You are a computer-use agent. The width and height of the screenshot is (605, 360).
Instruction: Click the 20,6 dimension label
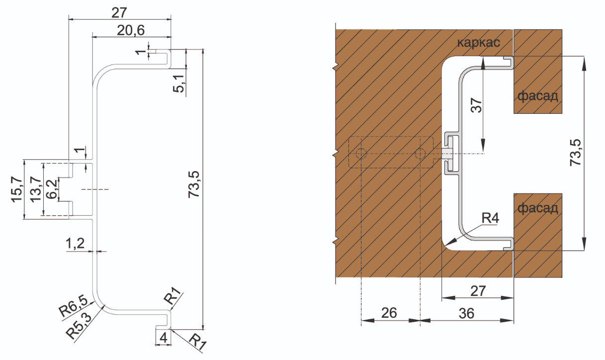click(131, 31)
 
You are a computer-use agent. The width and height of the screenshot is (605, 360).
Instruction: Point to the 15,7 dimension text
click(16, 189)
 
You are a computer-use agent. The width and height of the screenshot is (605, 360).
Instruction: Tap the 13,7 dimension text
click(35, 189)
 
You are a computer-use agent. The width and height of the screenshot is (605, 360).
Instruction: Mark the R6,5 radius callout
click(73, 306)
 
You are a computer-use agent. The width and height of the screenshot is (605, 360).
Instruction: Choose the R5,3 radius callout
click(80, 325)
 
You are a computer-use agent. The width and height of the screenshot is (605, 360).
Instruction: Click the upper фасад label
click(537, 95)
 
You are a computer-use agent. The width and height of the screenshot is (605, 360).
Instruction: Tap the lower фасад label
click(537, 208)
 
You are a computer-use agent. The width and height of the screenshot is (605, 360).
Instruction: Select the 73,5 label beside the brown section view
click(576, 152)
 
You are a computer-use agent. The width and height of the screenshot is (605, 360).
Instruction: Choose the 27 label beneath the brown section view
click(477, 291)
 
